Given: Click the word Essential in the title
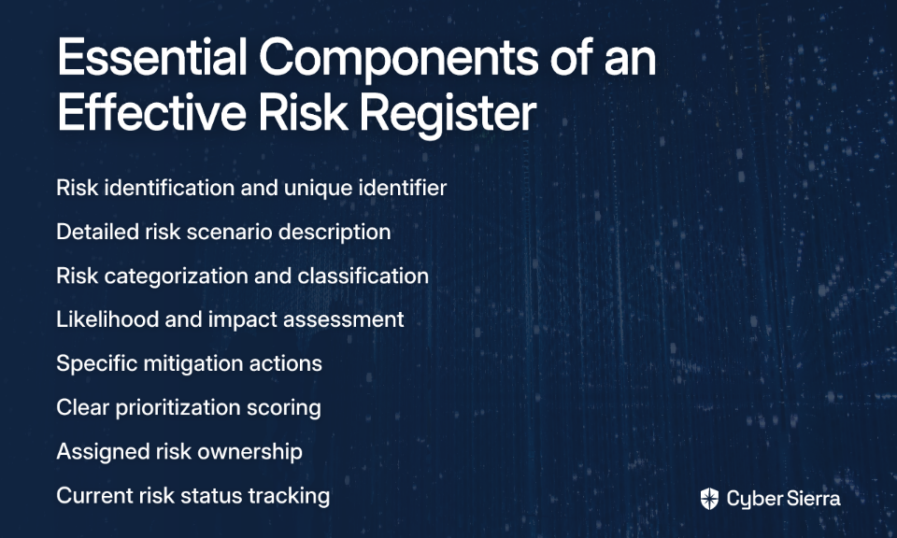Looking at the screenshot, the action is tap(152, 57).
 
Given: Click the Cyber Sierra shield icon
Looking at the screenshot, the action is tap(709, 499).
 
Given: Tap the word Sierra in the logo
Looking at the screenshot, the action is tap(812, 499).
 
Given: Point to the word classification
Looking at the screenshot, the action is tap(363, 276).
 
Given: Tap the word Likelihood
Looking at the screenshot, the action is tap(107, 319).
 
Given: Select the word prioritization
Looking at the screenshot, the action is tap(178, 408).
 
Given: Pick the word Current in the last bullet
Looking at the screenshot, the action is tap(95, 496).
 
